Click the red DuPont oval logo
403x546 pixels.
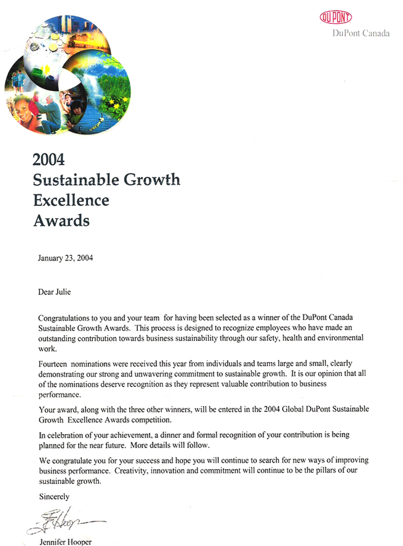coord(336,18)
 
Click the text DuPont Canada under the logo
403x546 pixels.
coord(361,34)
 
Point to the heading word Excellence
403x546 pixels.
coord(71,200)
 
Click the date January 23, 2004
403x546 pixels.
coord(65,257)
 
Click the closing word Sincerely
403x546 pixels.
coord(54,496)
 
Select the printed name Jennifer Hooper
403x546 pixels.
coord(64,542)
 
